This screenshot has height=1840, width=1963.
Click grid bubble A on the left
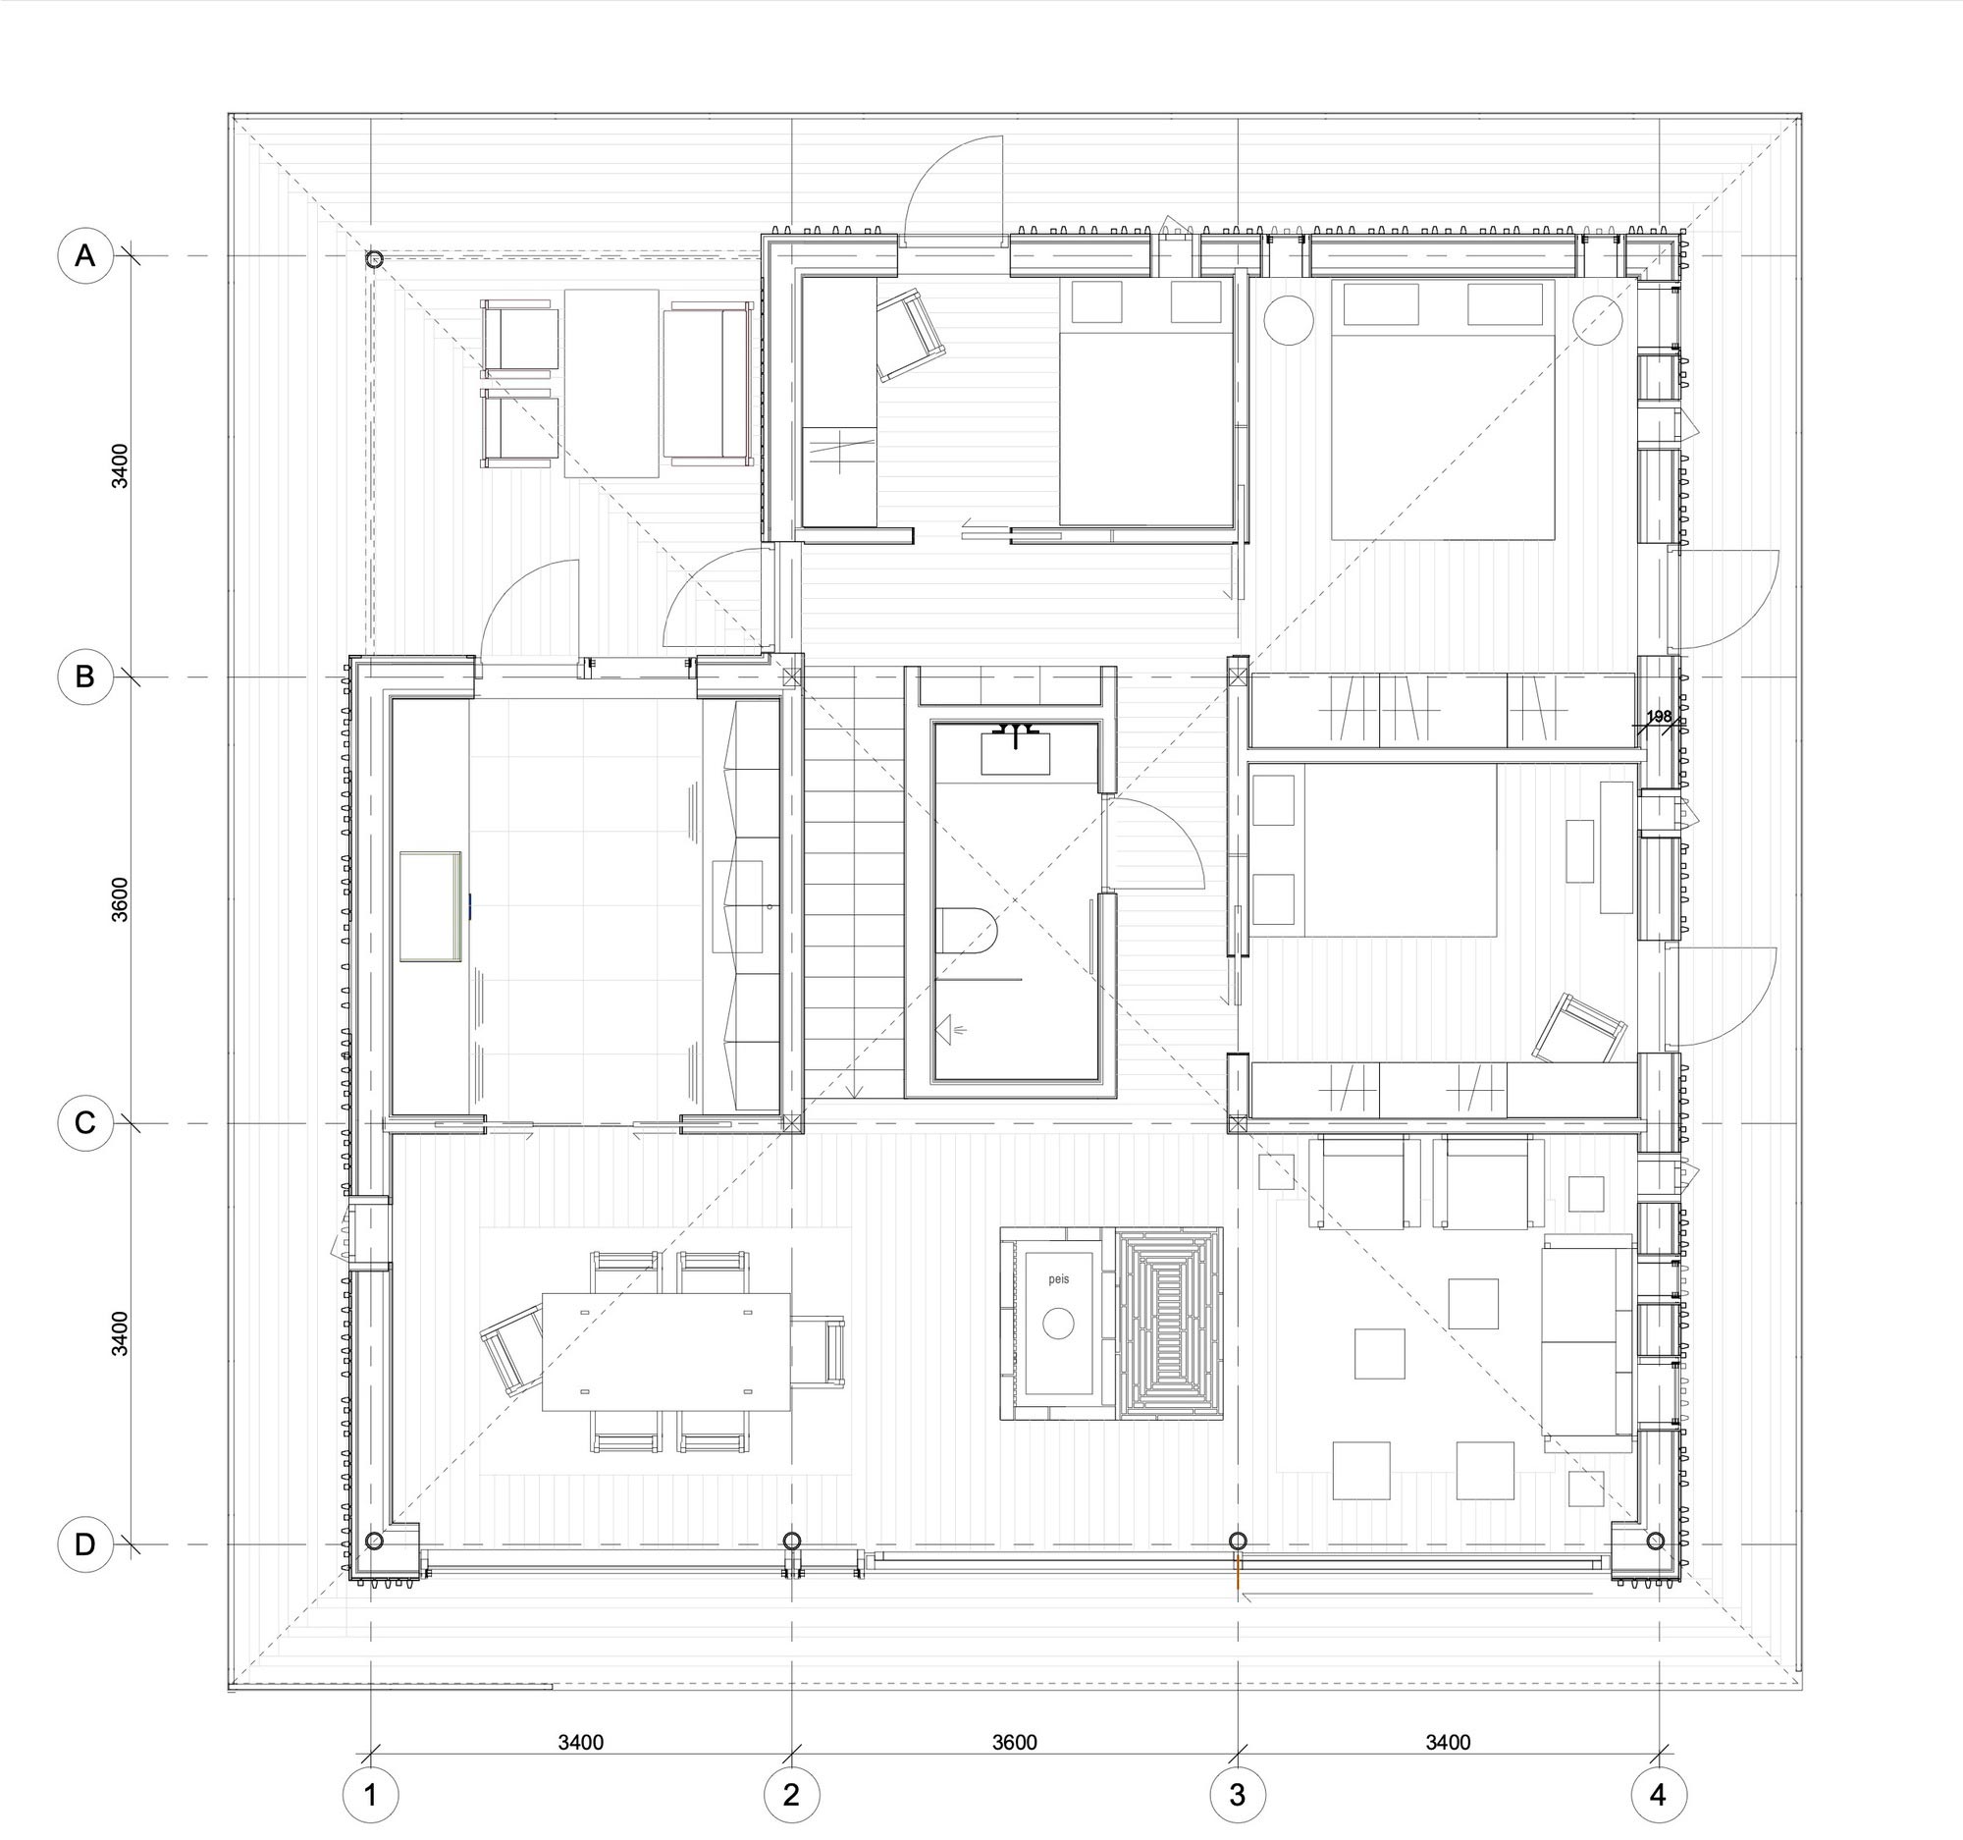tap(86, 256)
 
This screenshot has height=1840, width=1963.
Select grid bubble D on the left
tap(85, 1544)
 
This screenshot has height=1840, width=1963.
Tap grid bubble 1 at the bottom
tap(370, 1795)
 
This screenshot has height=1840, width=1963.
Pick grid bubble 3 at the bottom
tap(1238, 1795)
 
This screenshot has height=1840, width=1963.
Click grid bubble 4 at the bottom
tap(1659, 1795)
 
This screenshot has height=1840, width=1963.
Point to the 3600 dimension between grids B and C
tap(120, 898)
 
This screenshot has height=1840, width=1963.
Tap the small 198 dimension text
tap(1660, 716)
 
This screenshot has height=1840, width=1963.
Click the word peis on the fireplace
tap(1058, 1279)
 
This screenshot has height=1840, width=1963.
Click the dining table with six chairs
tap(666, 1352)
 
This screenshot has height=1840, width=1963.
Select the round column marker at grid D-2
tap(791, 1541)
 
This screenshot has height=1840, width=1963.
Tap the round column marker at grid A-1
tap(373, 260)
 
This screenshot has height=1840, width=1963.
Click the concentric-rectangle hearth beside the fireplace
tap(1169, 1323)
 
